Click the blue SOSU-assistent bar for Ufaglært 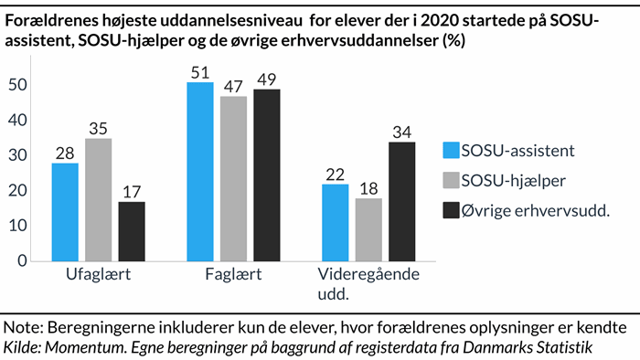[x=65, y=211]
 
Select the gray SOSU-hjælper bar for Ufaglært [x=98, y=199]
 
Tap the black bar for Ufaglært [x=132, y=230]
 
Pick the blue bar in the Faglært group [x=200, y=171]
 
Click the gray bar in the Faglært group [x=234, y=178]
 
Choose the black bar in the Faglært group [x=267, y=175]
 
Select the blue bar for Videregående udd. [x=336, y=222]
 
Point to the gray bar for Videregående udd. [x=368, y=228]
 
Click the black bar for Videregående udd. [x=402, y=201]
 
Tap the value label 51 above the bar [x=200, y=71]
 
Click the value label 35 [x=98, y=127]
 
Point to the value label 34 [x=402, y=131]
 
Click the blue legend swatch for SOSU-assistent [x=448, y=151]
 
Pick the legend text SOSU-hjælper [x=515, y=180]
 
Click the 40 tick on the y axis [x=18, y=120]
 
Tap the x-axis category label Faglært [x=233, y=275]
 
